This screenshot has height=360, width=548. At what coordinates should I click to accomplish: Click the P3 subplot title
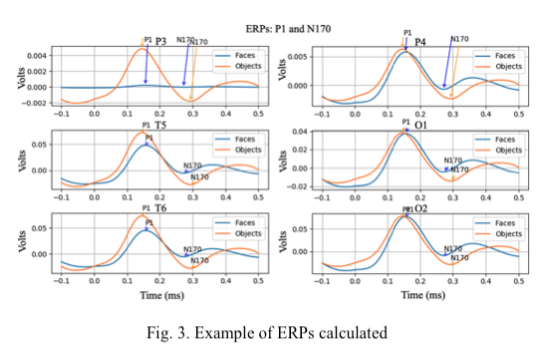tap(162, 42)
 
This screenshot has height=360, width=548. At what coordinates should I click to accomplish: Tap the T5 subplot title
tap(162, 127)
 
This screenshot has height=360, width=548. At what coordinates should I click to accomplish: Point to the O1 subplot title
tap(421, 126)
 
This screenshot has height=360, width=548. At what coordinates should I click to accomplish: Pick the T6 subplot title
tap(162, 210)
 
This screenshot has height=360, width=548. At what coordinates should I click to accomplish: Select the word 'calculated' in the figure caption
tap(358, 330)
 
